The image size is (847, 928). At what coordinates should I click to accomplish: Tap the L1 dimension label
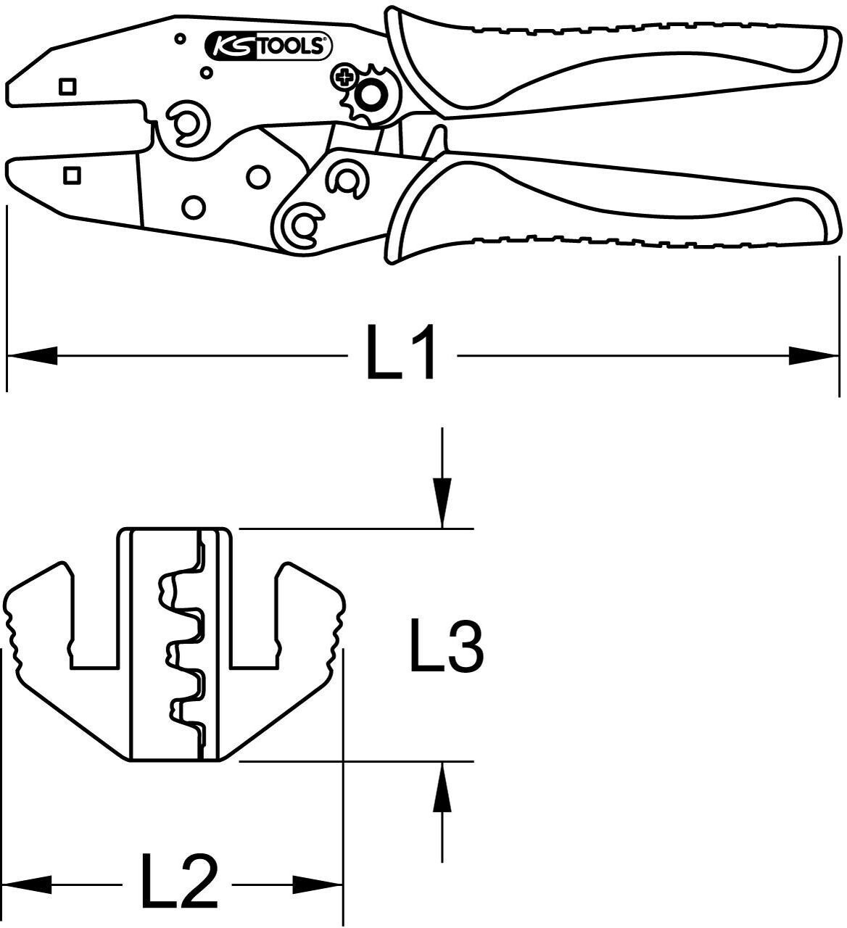402,354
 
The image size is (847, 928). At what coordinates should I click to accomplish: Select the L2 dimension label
178,882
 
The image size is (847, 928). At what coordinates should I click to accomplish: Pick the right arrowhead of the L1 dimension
812,355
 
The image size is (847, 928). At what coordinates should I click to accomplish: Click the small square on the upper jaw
67,86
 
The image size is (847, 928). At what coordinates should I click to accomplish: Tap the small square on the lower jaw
72,175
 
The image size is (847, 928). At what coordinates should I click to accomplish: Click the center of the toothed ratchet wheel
373,94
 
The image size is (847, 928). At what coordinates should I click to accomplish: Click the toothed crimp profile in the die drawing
181,645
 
